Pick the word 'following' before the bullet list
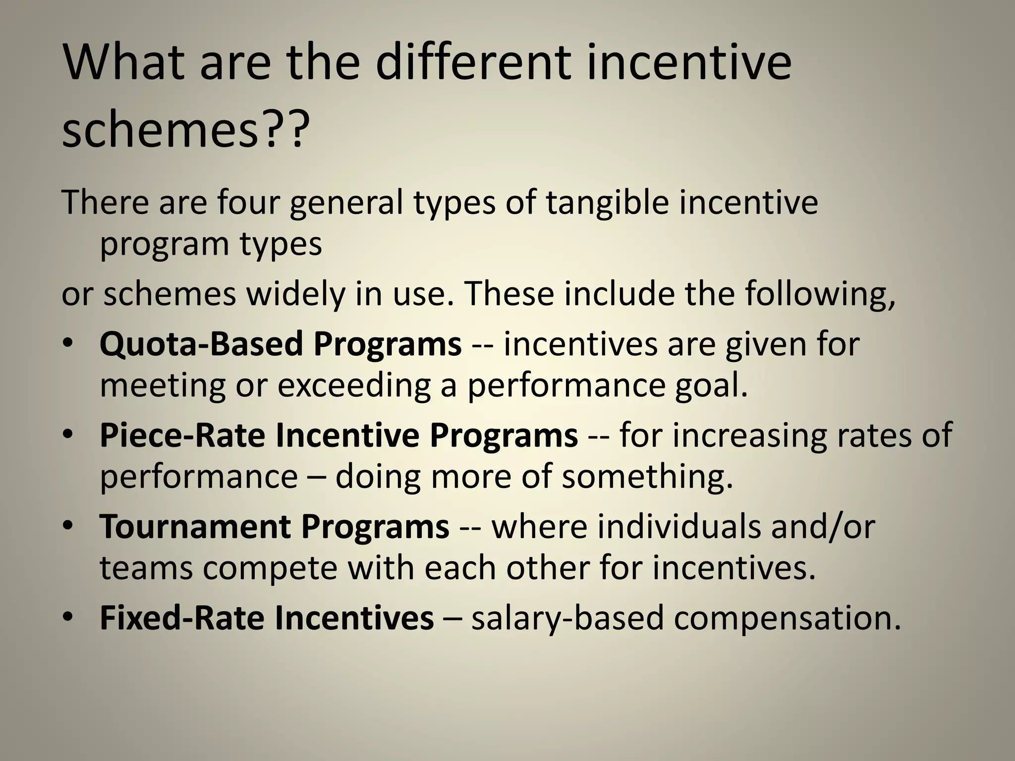coord(820,294)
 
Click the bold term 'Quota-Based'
coord(200,344)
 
